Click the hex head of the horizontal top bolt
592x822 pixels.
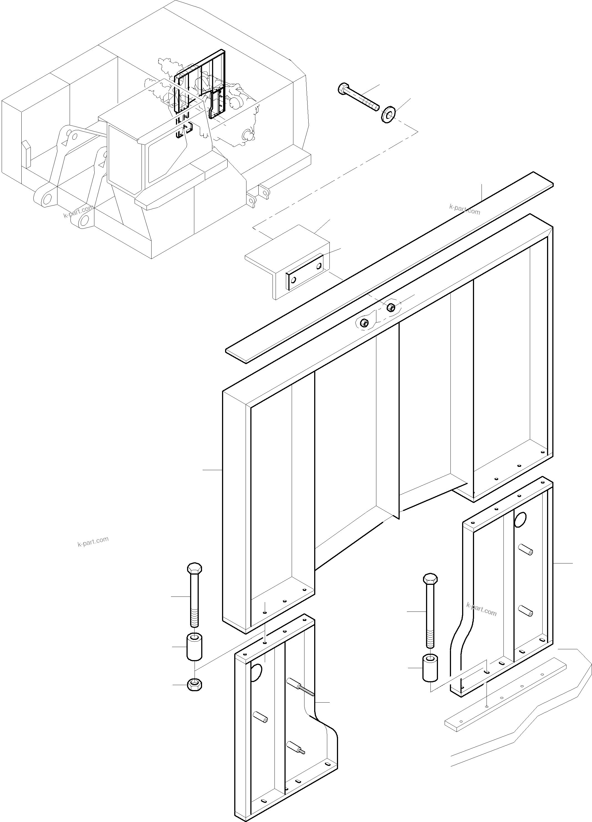pos(343,89)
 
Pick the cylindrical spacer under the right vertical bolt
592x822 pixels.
pos(430,668)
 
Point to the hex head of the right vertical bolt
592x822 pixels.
pos(430,578)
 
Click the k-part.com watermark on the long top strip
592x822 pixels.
pos(465,209)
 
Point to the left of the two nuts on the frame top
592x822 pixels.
pos(364,323)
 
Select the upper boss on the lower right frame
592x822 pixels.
pos(525,559)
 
